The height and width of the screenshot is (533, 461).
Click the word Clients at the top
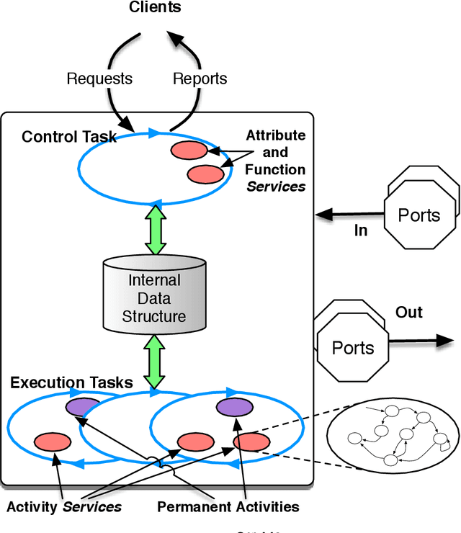(155, 8)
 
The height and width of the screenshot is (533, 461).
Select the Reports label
(200, 79)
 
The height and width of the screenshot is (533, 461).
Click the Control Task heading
(69, 137)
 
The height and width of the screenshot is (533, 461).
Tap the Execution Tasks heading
(71, 382)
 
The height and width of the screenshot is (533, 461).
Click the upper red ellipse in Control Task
(189, 151)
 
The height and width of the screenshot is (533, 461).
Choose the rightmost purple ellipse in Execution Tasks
(234, 408)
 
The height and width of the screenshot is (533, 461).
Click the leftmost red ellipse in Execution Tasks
(53, 442)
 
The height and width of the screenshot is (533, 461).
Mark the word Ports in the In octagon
(419, 216)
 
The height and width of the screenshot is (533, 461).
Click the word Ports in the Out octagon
(353, 348)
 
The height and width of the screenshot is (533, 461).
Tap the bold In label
(360, 230)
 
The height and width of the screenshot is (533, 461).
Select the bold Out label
(408, 313)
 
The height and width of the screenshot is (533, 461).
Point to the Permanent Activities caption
(228, 506)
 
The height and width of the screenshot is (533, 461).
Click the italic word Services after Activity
(92, 506)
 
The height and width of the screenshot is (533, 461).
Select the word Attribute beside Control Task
(275, 135)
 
